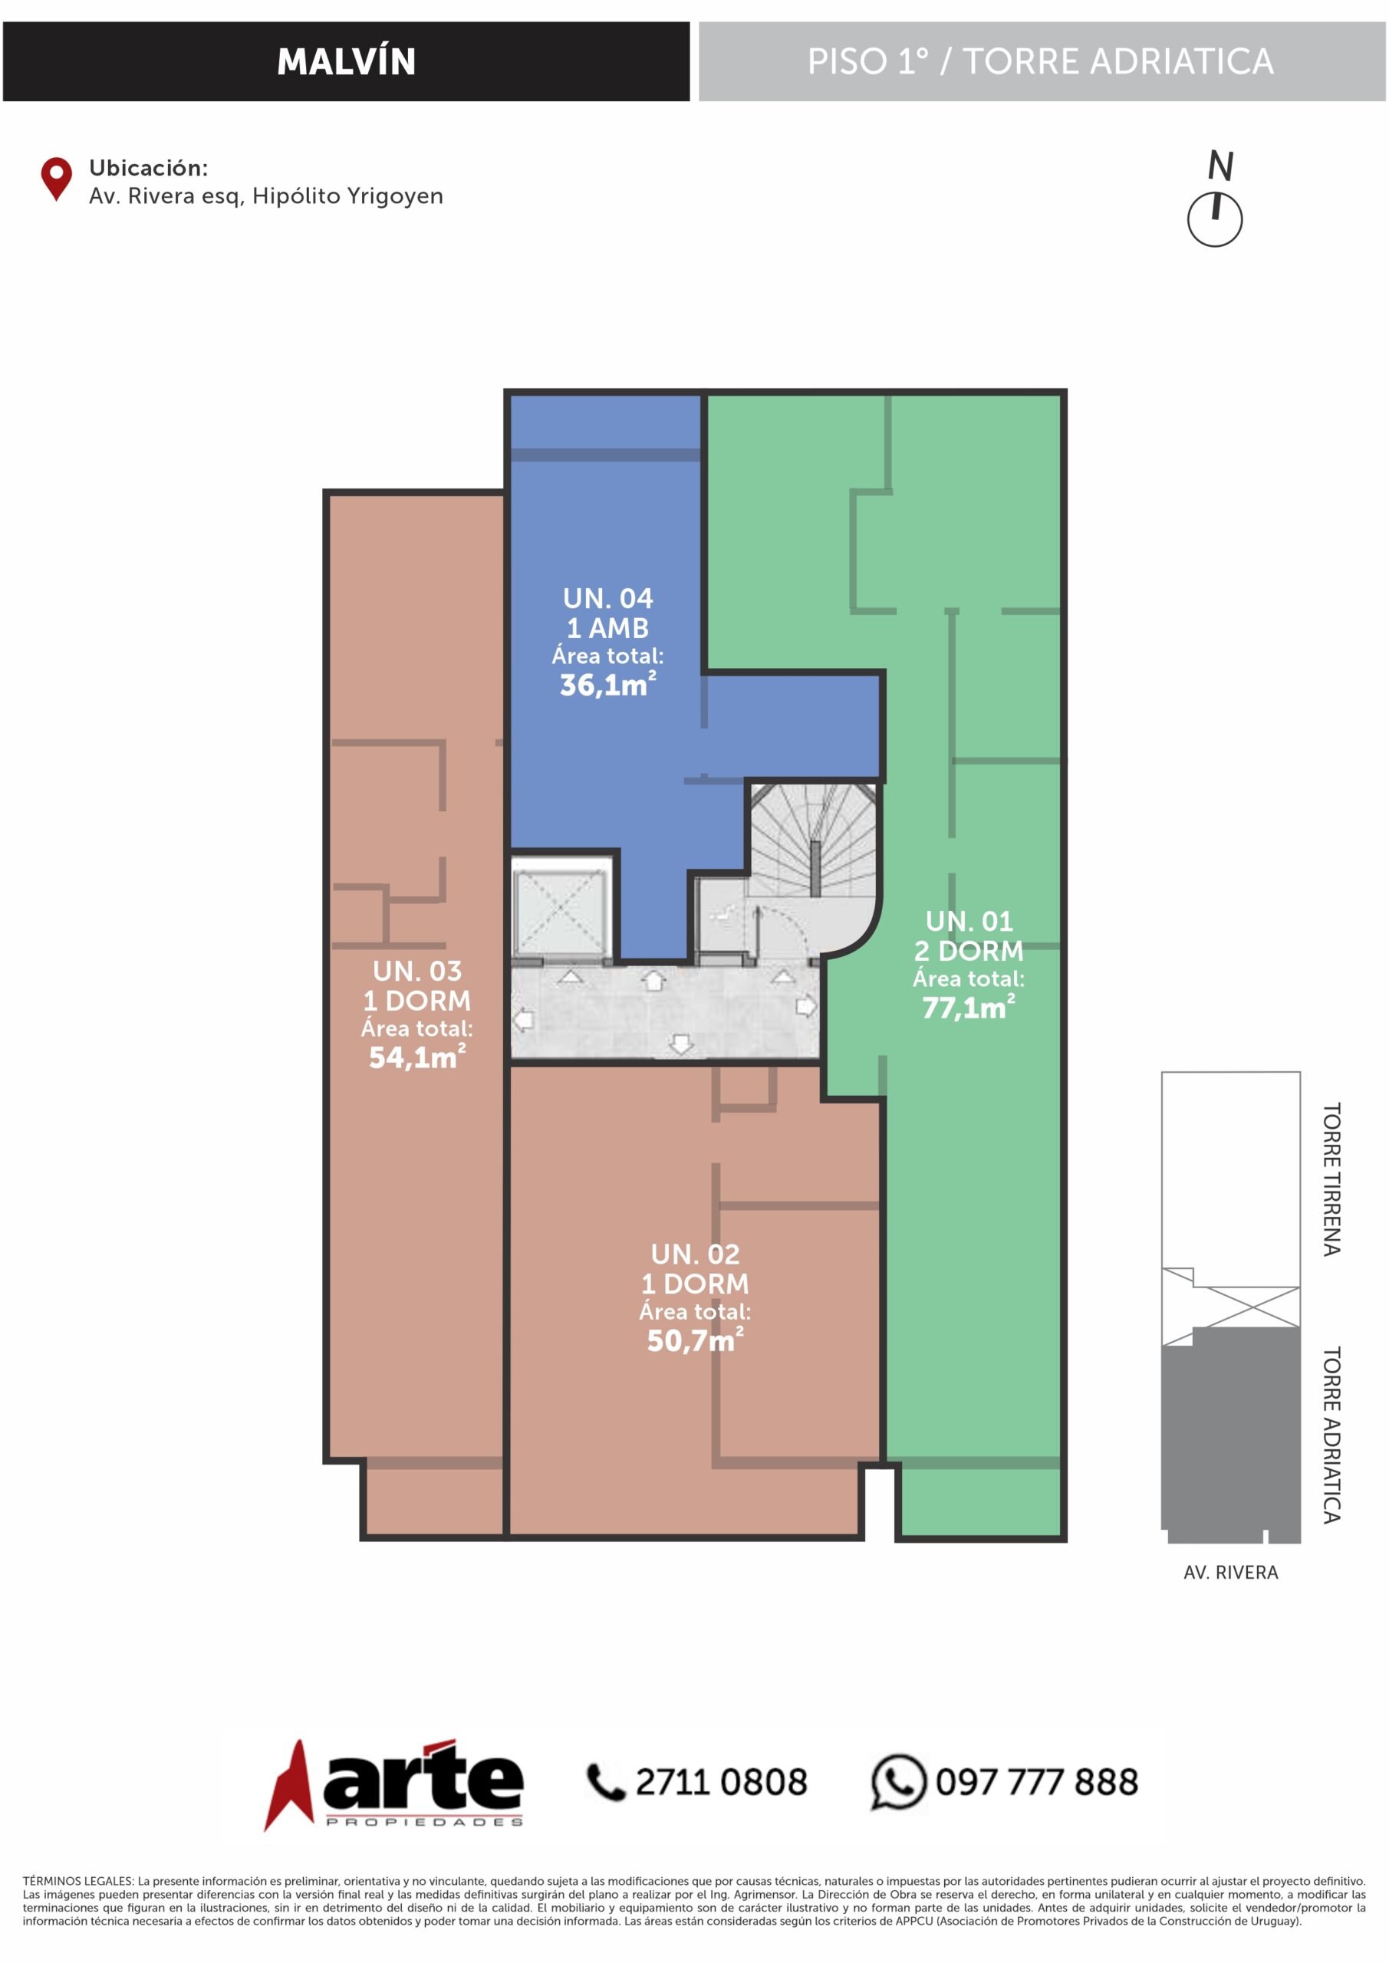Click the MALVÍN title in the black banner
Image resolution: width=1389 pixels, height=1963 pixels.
pyautogui.click(x=347, y=61)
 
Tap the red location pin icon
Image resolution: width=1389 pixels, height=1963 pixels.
pyautogui.click(x=57, y=178)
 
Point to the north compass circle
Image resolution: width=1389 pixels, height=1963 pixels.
pyautogui.click(x=1215, y=220)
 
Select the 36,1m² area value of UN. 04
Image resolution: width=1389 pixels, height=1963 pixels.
pyautogui.click(x=608, y=684)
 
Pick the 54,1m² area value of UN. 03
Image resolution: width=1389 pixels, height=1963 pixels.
pyautogui.click(x=417, y=1057)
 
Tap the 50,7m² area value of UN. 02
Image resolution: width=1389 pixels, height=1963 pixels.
pyautogui.click(x=696, y=1340)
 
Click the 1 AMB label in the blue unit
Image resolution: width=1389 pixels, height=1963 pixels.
pyautogui.click(x=608, y=627)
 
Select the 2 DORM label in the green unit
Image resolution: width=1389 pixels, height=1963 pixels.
pyautogui.click(x=969, y=951)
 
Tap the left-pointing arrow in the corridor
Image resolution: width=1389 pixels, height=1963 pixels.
pyautogui.click(x=522, y=1019)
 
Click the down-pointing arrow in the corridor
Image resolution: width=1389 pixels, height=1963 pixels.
pyautogui.click(x=681, y=1043)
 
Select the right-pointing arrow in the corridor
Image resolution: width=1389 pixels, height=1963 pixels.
pyautogui.click(x=805, y=1006)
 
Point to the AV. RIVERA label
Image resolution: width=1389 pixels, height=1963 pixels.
pyautogui.click(x=1231, y=1571)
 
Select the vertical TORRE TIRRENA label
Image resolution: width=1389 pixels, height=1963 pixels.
pyautogui.click(x=1331, y=1179)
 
